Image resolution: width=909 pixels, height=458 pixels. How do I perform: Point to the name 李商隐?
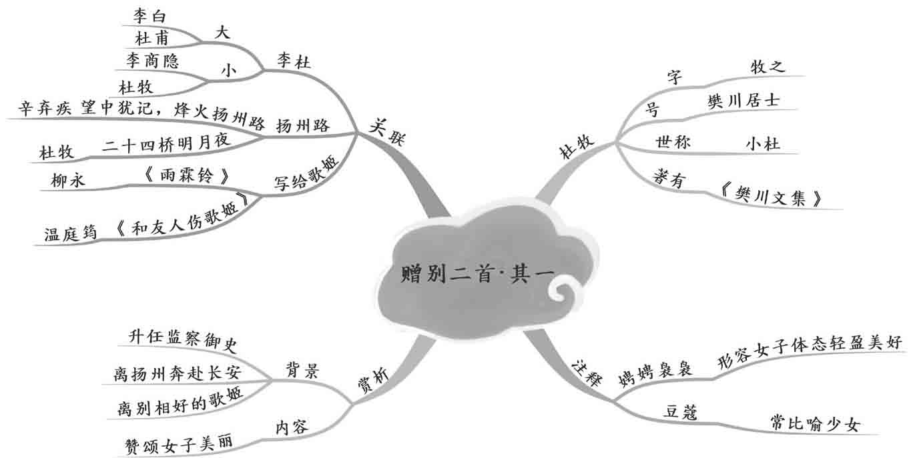[152, 61]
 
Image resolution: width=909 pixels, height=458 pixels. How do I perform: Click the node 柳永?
[69, 179]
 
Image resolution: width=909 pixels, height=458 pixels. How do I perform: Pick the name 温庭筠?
[71, 233]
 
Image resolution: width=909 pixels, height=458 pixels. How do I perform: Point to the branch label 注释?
[587, 372]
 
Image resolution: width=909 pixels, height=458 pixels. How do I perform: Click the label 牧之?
[768, 66]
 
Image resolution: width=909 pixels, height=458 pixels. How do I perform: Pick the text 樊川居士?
[743, 101]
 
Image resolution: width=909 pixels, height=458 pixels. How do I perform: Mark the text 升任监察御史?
[182, 338]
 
